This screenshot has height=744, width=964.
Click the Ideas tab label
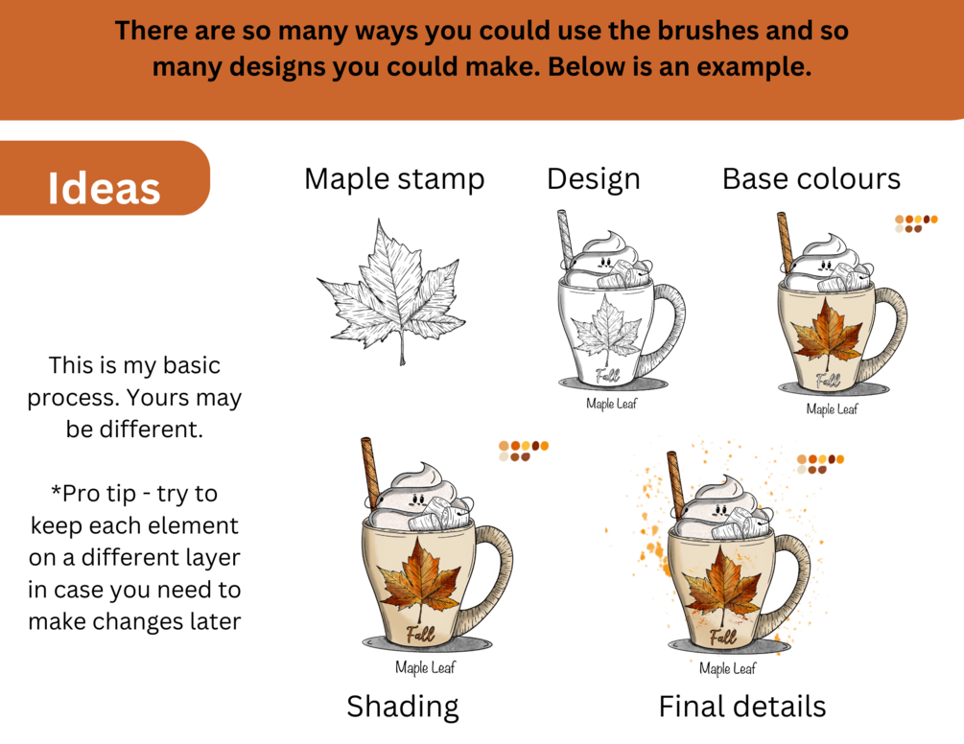(x=104, y=188)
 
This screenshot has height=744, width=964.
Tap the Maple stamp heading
(x=394, y=178)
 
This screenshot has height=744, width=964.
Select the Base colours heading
(x=811, y=178)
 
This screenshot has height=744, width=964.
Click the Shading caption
(x=403, y=707)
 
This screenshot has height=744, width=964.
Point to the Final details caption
(x=742, y=707)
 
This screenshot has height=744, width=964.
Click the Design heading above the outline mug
(x=594, y=178)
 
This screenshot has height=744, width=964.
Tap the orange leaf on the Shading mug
(x=420, y=581)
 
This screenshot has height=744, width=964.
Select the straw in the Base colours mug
(x=785, y=243)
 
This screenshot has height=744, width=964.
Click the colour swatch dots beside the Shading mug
(x=523, y=451)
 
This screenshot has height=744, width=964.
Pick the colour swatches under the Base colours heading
(x=916, y=223)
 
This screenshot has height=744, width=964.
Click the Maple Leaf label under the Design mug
(x=611, y=404)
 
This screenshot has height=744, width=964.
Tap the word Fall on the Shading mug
(x=420, y=633)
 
